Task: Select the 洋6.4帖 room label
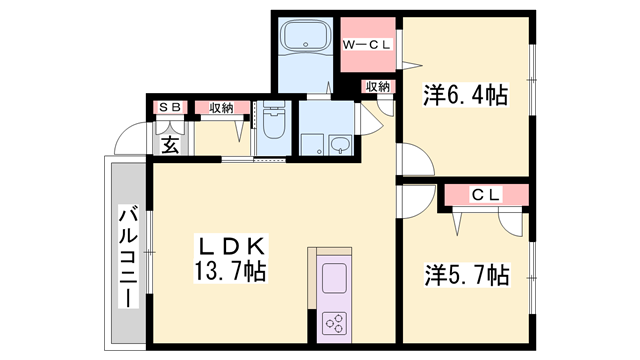pyautogui.click(x=465, y=96)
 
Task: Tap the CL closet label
pyautogui.click(x=486, y=194)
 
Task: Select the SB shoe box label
pyautogui.click(x=168, y=108)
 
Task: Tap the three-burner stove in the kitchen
pyautogui.click(x=335, y=321)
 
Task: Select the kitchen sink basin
pyautogui.click(x=333, y=275)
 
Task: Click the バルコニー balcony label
pyautogui.click(x=129, y=257)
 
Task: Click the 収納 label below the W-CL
pyautogui.click(x=377, y=88)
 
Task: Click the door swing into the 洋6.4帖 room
pyautogui.click(x=415, y=160)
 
